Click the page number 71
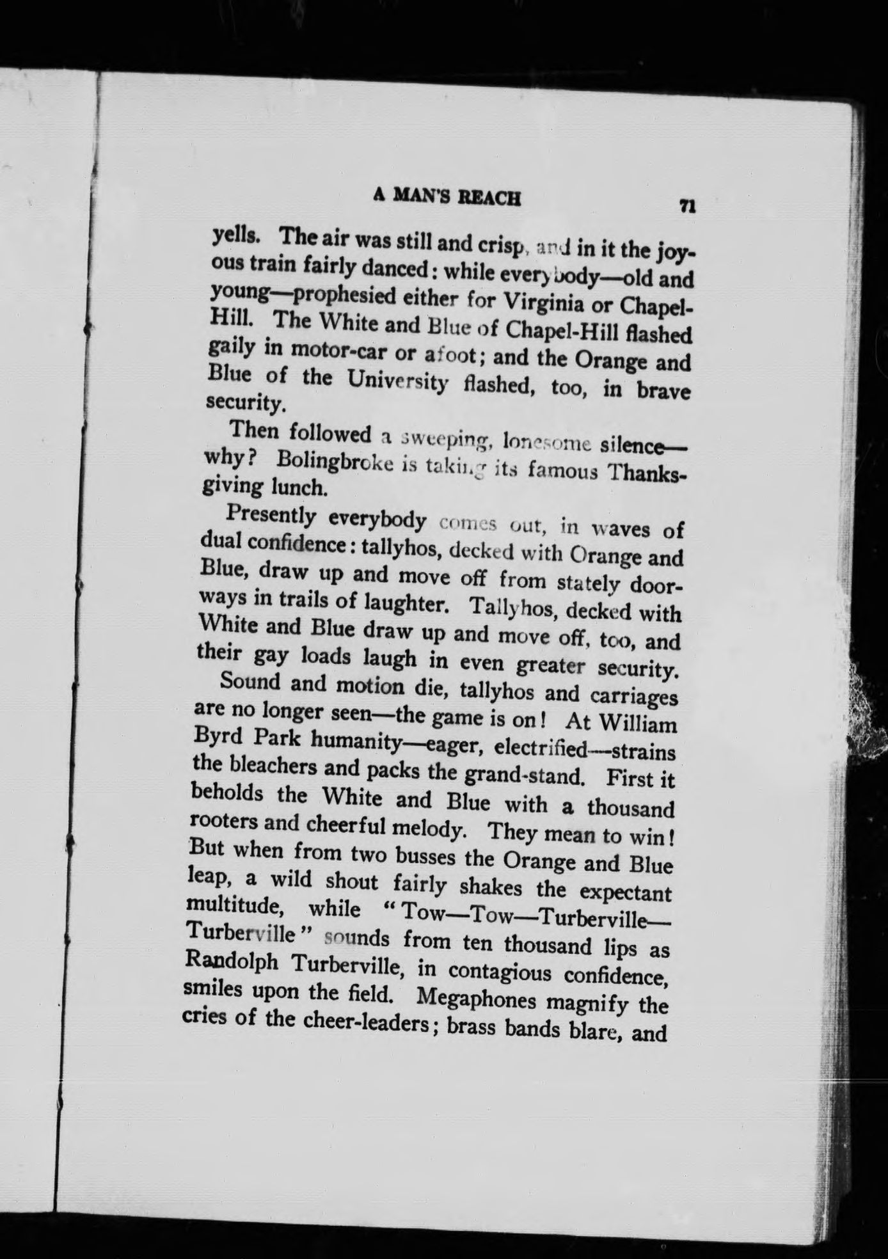688,207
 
